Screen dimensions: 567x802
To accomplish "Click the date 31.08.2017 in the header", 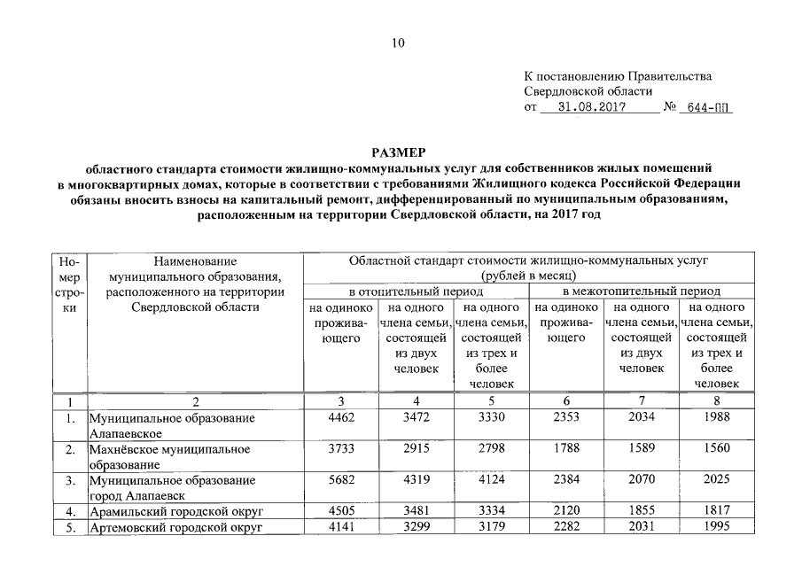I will [593, 108].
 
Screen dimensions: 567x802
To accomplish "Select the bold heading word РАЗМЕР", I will [399, 152].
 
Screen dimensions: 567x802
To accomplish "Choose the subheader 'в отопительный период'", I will [416, 291].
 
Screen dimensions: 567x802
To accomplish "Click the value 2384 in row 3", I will [566, 479].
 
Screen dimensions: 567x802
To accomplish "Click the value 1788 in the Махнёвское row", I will [566, 448].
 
